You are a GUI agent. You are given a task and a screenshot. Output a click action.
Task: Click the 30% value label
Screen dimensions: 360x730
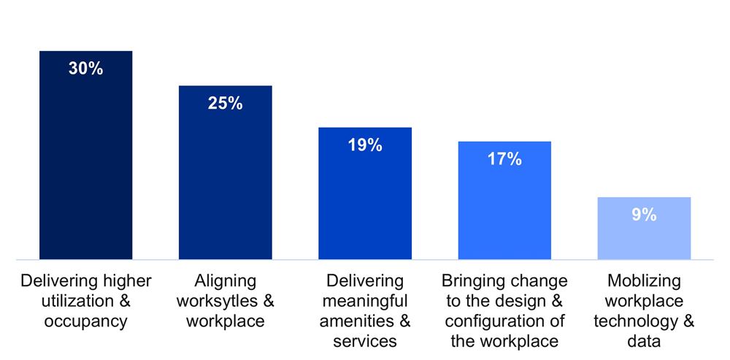pyautogui.click(x=85, y=69)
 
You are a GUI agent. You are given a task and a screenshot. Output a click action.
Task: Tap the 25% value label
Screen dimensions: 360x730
pyautogui.click(x=225, y=104)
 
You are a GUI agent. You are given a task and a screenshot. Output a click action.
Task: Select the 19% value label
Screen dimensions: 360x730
pyautogui.click(x=365, y=145)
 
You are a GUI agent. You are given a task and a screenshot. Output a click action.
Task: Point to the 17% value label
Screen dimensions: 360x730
pyautogui.click(x=504, y=159)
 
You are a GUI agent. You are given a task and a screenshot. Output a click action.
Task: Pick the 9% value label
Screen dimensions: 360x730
pyautogui.click(x=644, y=215)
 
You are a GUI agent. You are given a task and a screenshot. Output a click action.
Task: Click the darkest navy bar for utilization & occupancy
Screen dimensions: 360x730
pyautogui.click(x=85, y=168)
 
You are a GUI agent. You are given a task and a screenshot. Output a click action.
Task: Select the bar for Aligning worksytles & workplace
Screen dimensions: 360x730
pyautogui.click(x=225, y=183)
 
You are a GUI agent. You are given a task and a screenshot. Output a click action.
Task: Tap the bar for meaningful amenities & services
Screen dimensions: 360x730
pyautogui.click(x=365, y=204)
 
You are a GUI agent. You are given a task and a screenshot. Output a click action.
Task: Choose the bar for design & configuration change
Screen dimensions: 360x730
pyautogui.click(x=504, y=212)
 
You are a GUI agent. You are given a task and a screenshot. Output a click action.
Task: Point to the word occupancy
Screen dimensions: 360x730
pyautogui.click(x=86, y=321)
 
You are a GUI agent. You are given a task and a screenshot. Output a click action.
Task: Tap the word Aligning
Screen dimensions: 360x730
pyautogui.click(x=226, y=281)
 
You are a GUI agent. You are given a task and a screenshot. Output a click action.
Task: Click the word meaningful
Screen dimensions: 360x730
pyautogui.click(x=365, y=301)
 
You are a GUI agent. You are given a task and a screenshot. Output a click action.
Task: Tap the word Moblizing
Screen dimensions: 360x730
pyautogui.click(x=644, y=281)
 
